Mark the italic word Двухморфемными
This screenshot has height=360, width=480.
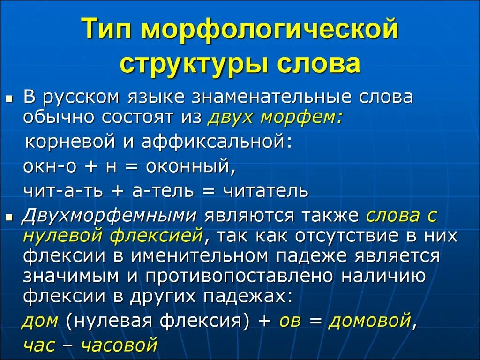click(109, 216)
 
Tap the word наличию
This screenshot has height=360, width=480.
click(383, 277)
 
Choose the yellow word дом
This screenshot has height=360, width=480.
click(41, 321)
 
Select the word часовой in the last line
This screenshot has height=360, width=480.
click(119, 345)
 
